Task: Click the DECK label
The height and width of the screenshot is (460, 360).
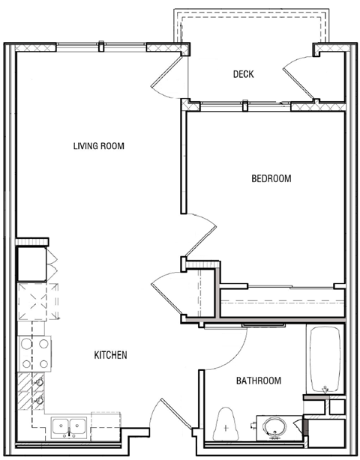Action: (x=244, y=73)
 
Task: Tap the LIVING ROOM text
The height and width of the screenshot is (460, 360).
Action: (x=98, y=145)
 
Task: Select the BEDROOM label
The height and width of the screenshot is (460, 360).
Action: (x=271, y=178)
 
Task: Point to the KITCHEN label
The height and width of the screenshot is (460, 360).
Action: (x=110, y=354)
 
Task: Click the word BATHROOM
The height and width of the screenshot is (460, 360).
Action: (x=259, y=381)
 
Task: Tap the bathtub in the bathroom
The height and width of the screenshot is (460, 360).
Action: (x=325, y=360)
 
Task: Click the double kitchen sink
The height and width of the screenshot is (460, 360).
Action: (x=68, y=427)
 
